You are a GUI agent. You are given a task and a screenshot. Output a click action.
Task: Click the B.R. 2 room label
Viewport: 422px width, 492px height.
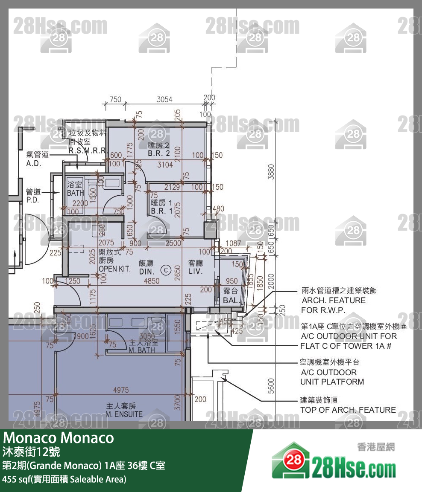point(159,153)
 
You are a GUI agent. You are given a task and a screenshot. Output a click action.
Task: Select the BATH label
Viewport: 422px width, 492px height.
point(76,193)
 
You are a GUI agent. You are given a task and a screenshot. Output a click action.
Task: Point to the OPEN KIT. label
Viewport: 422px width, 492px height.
point(114,269)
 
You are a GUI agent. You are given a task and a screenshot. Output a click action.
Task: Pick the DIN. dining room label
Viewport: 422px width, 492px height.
point(147,272)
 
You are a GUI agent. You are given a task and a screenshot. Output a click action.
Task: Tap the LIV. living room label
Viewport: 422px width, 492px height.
point(195,272)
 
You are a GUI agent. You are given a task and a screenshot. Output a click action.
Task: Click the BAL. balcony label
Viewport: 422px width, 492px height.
point(230,300)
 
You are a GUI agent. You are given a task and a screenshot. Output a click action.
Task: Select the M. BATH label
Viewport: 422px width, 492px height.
point(141,350)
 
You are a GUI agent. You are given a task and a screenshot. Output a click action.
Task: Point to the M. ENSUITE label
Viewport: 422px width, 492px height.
point(124,414)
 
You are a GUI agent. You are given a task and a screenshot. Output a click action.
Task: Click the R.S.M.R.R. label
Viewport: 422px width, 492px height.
point(87,151)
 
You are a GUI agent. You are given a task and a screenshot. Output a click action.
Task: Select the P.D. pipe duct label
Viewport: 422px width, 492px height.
point(32,200)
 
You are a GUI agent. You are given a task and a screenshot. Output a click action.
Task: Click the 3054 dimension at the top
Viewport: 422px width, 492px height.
point(164,99)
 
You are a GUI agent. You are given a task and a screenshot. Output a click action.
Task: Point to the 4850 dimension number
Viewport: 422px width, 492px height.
point(152,281)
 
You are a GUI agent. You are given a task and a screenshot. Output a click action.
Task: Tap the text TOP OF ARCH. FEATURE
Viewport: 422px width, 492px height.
point(348,410)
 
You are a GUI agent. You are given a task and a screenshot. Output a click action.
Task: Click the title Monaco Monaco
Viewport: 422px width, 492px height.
point(59,438)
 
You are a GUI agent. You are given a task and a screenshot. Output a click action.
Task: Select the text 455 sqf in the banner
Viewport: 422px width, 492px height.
point(15,479)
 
